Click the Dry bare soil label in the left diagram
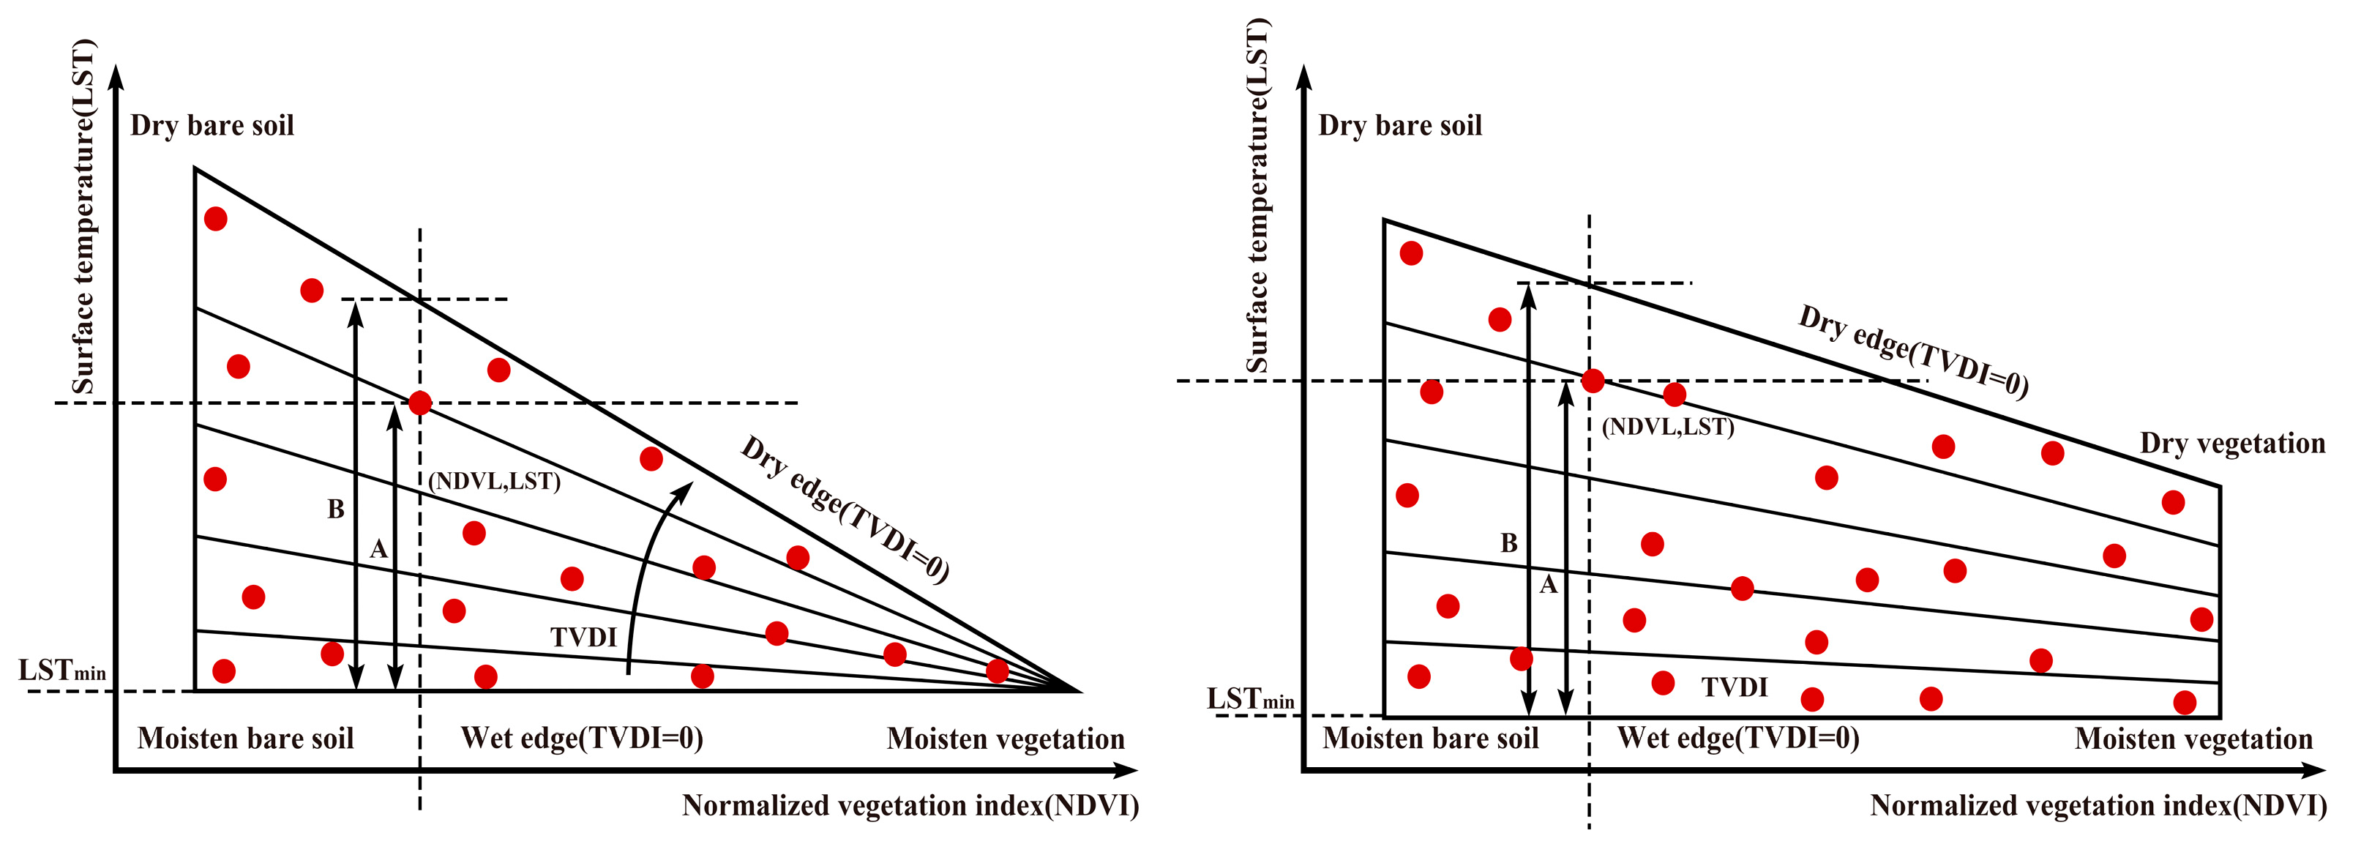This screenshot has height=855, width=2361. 212,126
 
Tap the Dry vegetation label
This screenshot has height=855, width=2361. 2231,444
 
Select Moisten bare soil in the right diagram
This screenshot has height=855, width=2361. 1430,739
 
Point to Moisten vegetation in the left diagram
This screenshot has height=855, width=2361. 1005,739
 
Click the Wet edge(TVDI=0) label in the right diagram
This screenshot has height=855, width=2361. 1737,739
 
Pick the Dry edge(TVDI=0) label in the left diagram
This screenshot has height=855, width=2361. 844,509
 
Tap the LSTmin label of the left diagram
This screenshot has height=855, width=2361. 62,671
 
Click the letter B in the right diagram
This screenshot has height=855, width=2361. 1508,543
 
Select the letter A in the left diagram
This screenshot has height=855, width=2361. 378,550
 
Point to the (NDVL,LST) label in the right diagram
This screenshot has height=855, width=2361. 1667,427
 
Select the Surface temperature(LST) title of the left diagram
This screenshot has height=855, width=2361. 83,217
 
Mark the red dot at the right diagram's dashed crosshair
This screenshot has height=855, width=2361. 1593,381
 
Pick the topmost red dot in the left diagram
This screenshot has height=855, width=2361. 215,219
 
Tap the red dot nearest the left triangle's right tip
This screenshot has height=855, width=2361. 998,671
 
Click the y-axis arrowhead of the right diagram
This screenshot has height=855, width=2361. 1304,77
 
